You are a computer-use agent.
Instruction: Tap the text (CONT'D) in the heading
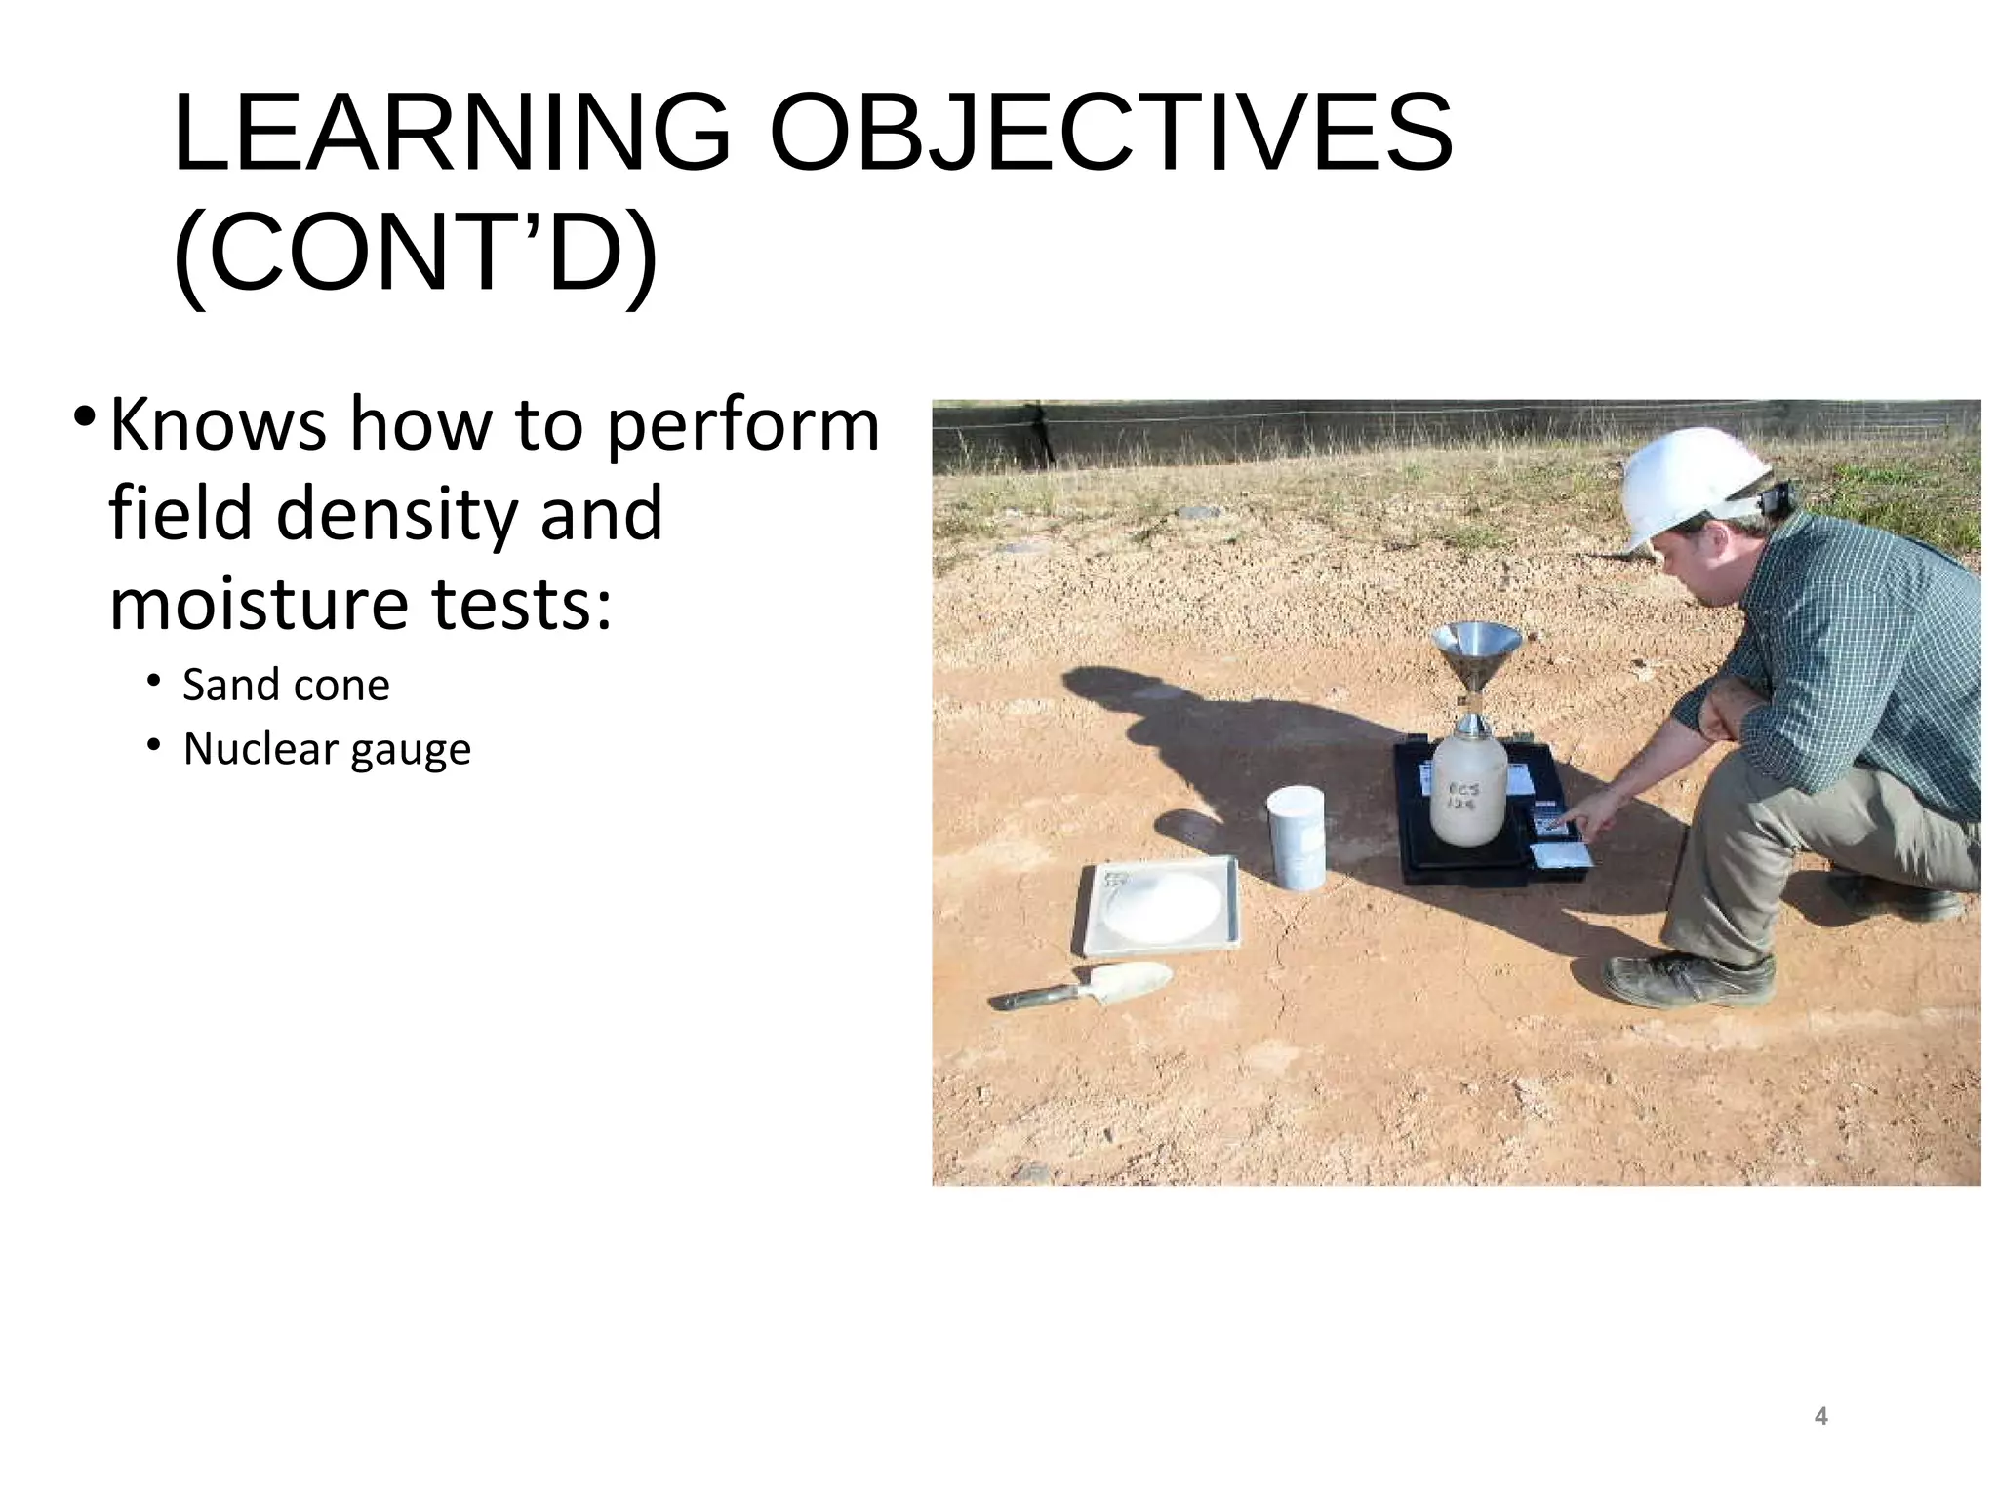click(x=415, y=254)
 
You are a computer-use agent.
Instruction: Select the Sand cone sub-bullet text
click(x=286, y=685)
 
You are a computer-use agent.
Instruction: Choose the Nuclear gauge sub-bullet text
click(x=327, y=749)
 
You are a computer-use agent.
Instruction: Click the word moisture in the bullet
click(x=259, y=604)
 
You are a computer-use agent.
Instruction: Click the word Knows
click(x=218, y=425)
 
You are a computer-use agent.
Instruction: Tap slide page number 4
click(x=1820, y=1416)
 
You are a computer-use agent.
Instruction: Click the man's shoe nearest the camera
click(x=1688, y=978)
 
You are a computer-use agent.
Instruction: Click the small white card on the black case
click(x=1561, y=856)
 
